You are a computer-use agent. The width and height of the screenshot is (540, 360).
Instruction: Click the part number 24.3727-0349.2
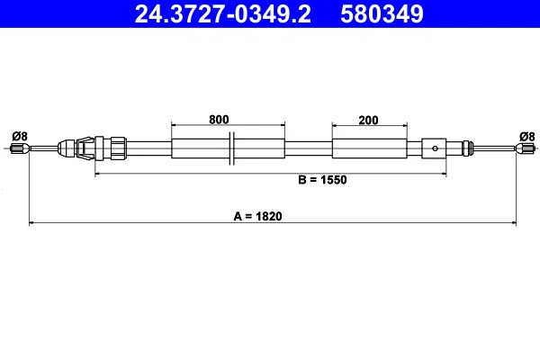(x=223, y=14)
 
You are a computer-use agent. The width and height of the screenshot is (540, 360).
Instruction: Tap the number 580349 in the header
(x=382, y=14)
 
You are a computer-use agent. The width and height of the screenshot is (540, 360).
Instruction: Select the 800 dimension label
(x=219, y=120)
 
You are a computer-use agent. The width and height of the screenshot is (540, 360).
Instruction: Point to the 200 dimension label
(x=368, y=121)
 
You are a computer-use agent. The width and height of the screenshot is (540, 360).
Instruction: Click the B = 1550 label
(x=322, y=180)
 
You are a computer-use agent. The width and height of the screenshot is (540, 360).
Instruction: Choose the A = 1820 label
(x=257, y=216)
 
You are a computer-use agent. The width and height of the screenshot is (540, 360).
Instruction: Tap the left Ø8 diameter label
(x=20, y=137)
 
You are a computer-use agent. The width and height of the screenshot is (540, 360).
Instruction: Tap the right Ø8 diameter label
(x=526, y=137)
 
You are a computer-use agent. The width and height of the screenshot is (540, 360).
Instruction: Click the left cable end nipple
(x=20, y=148)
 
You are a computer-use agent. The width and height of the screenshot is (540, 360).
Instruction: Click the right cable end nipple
(x=526, y=148)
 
